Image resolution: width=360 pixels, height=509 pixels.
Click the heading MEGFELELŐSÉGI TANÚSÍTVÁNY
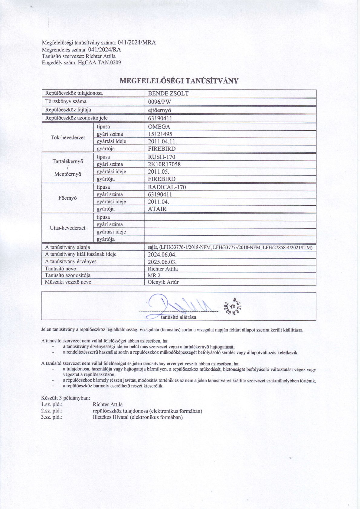pyautogui.click(x=179, y=81)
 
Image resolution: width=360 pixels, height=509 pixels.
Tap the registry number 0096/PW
pyautogui.click(x=159, y=102)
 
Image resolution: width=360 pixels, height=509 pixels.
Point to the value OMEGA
pyautogui.click(x=159, y=127)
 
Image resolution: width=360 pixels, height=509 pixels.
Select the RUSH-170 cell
pyautogui.click(x=162, y=157)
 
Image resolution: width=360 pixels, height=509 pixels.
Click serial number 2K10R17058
pyautogui.click(x=164, y=164)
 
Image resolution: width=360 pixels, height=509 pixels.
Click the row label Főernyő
pyautogui.click(x=67, y=198)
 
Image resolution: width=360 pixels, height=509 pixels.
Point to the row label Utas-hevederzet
pyautogui.click(x=67, y=228)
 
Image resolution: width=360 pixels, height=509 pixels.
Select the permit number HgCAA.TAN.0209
pyautogui.click(x=99, y=63)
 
